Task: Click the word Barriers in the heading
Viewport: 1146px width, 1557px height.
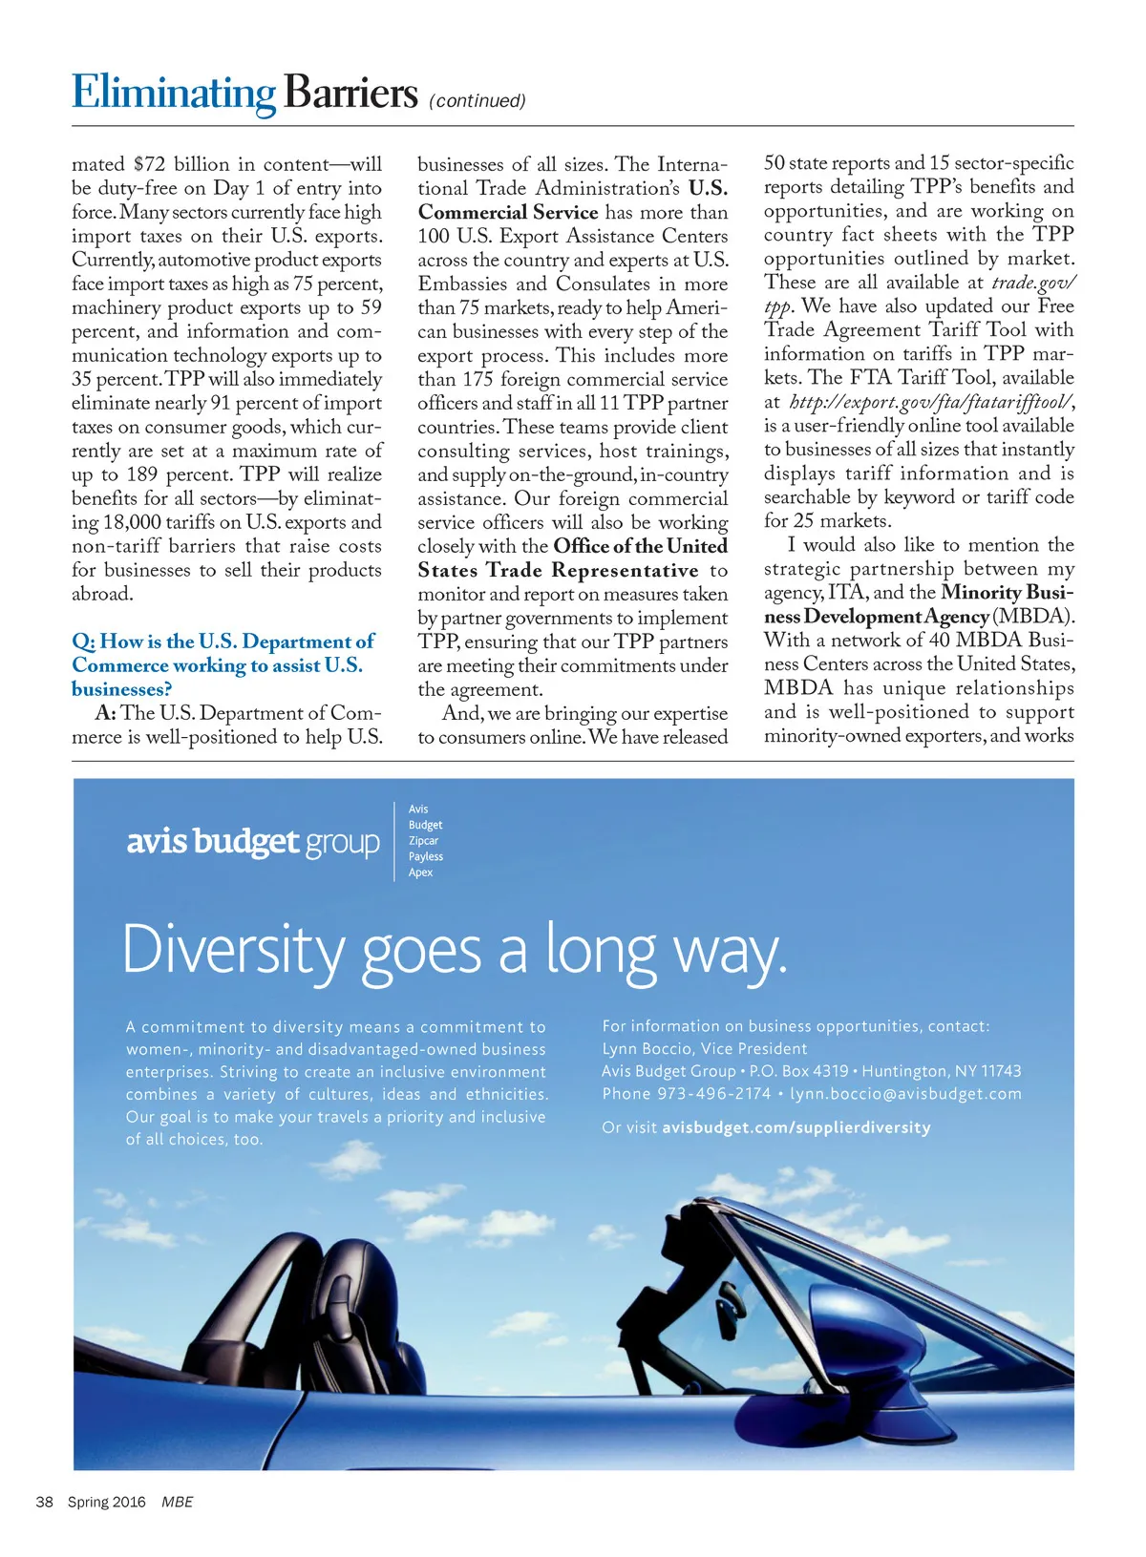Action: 350,94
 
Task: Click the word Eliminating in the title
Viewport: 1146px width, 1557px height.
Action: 174,94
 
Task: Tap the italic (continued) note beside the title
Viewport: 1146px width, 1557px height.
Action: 477,101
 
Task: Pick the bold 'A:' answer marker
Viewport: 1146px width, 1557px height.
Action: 105,713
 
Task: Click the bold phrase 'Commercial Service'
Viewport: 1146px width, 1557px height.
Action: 508,212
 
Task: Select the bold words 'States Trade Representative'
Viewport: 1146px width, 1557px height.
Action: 558,570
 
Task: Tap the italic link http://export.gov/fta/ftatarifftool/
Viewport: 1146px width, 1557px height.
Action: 931,402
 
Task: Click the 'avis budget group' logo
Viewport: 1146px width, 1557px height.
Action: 253,842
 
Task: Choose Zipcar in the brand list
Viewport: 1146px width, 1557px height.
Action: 423,841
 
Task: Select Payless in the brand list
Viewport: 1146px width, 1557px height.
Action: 426,856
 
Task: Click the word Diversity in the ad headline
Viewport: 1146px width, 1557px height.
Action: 234,951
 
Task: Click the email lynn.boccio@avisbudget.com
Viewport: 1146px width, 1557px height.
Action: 905,1094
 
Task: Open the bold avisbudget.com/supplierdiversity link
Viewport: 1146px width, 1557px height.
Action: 796,1127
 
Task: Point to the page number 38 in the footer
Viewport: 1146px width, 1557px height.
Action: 44,1502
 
